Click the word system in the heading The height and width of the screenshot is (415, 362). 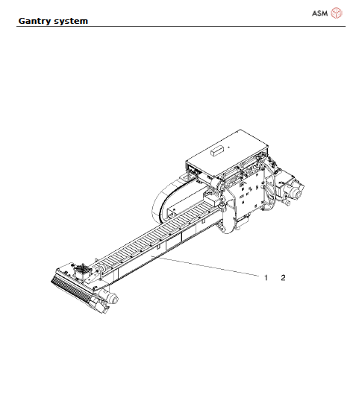click(x=72, y=20)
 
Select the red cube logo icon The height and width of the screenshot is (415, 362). click(x=337, y=12)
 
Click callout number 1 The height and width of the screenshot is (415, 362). click(x=266, y=277)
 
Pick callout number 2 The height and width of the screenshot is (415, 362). click(x=283, y=277)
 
